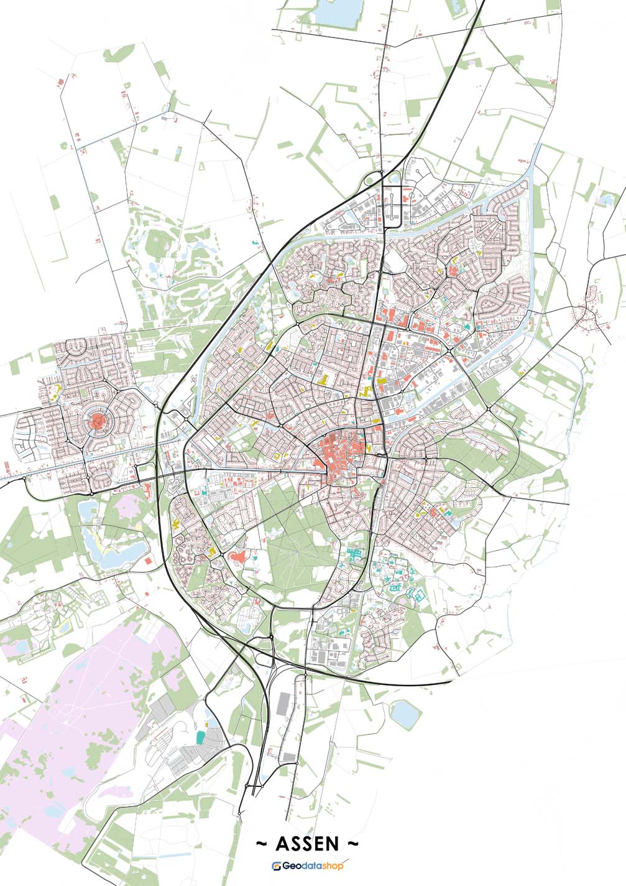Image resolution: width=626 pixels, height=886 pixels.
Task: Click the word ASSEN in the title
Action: pos(306,844)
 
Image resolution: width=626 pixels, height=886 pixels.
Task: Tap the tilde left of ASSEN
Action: pos(262,844)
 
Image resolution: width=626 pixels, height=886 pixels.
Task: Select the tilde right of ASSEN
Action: pos(352,844)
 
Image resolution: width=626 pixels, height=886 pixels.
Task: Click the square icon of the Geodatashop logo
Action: pos(277,866)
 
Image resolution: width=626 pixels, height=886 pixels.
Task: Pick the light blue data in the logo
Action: pos(313,866)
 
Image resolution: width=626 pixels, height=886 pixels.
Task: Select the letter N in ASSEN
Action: pos(333,844)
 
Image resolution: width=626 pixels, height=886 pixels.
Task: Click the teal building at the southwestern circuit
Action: pos(200,737)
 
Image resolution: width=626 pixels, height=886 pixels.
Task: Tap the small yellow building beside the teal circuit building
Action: pos(208,724)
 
